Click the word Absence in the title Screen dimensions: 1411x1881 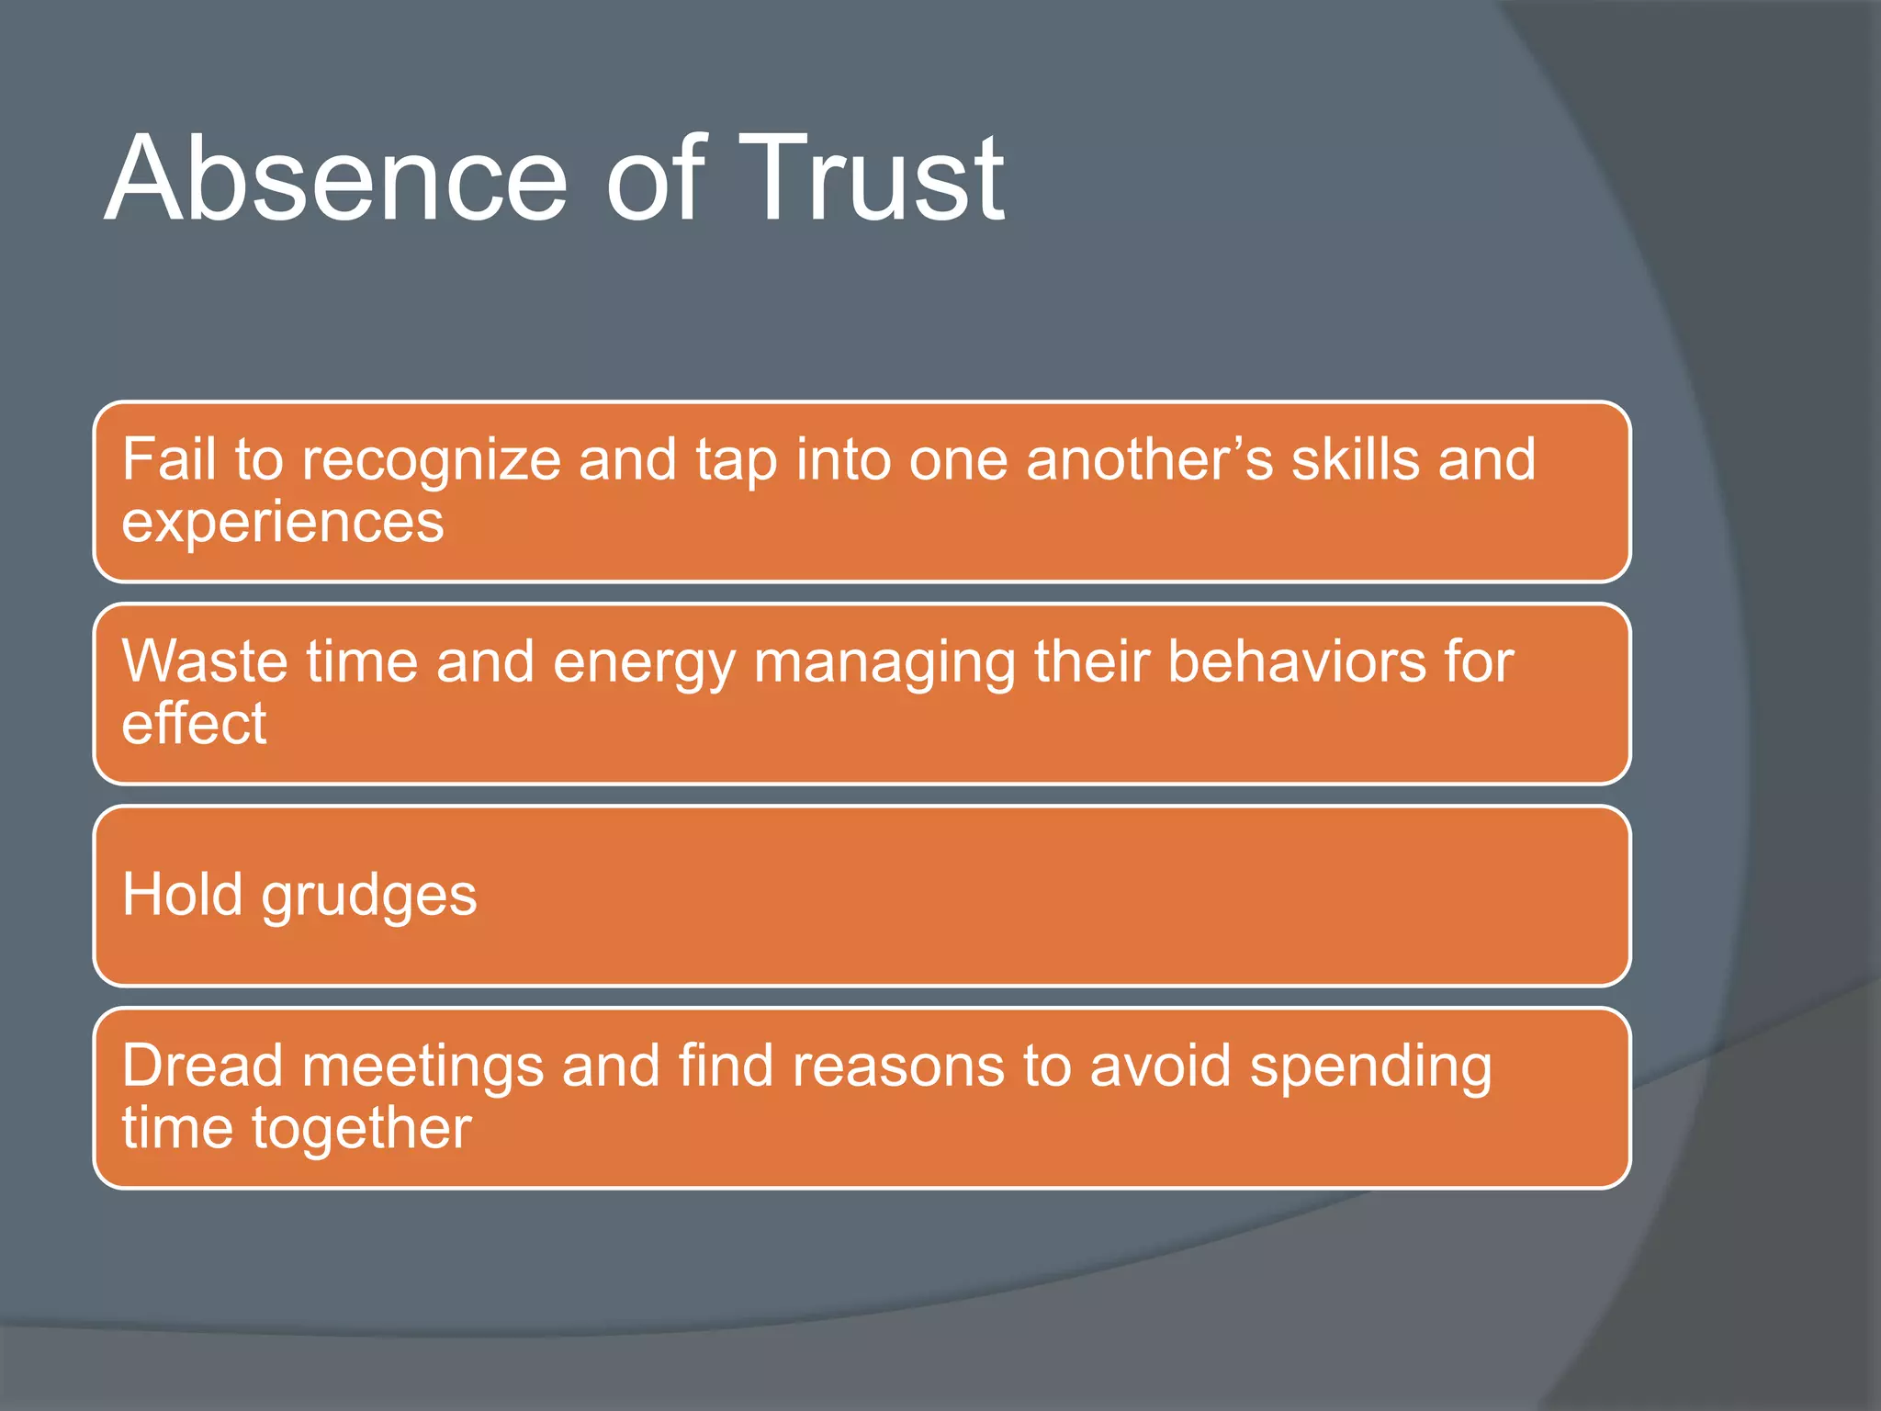pyautogui.click(x=336, y=178)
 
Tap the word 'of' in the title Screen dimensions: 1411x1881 pyautogui.click(x=654, y=178)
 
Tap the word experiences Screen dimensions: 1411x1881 pyautogui.click(x=283, y=525)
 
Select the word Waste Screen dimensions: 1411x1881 pyautogui.click(x=205, y=661)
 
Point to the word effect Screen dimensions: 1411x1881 pyautogui.click(x=194, y=723)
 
